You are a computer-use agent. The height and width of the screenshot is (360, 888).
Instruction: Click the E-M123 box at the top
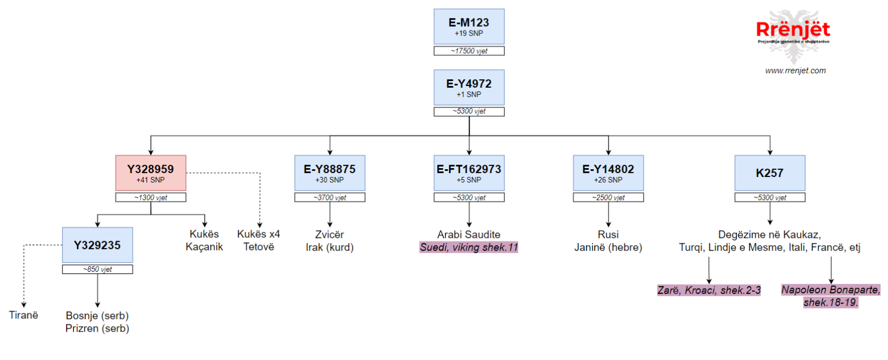(x=469, y=27)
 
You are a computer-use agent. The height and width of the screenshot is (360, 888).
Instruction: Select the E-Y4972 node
(x=469, y=88)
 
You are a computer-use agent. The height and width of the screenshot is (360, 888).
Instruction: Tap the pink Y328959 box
(x=150, y=173)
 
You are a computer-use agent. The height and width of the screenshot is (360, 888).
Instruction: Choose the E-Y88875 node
(x=330, y=173)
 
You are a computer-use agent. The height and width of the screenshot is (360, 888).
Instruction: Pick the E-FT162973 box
(x=469, y=173)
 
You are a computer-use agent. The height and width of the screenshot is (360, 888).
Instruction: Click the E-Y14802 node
(x=608, y=173)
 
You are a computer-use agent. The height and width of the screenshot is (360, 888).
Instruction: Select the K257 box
(x=770, y=173)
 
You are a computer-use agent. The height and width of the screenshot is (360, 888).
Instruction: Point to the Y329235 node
(x=98, y=245)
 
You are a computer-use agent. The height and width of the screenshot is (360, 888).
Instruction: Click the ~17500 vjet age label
(x=469, y=50)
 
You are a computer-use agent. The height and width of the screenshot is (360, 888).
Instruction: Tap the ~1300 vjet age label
(x=150, y=197)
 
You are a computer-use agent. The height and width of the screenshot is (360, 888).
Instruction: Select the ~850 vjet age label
(x=98, y=270)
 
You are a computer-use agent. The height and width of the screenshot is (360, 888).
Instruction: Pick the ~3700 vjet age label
(x=330, y=197)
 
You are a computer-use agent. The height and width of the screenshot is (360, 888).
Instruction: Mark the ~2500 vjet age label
(x=608, y=197)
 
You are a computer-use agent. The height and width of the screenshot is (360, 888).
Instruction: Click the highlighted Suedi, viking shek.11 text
(x=469, y=247)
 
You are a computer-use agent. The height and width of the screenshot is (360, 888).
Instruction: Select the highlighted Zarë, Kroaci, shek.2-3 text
(x=709, y=290)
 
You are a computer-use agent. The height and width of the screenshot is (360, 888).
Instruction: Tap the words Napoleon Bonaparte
(x=830, y=290)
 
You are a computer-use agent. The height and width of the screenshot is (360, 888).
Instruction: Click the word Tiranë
(x=24, y=315)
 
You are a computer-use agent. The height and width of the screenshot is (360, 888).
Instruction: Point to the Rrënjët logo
(x=793, y=35)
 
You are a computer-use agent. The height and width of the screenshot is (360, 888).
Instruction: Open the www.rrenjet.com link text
(x=795, y=70)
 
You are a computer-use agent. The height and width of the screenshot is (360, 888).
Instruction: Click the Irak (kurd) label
(x=330, y=247)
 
